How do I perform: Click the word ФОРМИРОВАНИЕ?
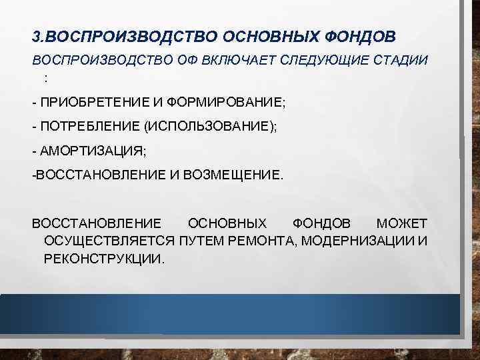(x=225, y=103)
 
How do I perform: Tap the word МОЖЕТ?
(x=402, y=223)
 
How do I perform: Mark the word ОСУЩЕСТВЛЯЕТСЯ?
(x=109, y=241)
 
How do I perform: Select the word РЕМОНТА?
(x=261, y=241)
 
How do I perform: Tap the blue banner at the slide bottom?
(x=230, y=313)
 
